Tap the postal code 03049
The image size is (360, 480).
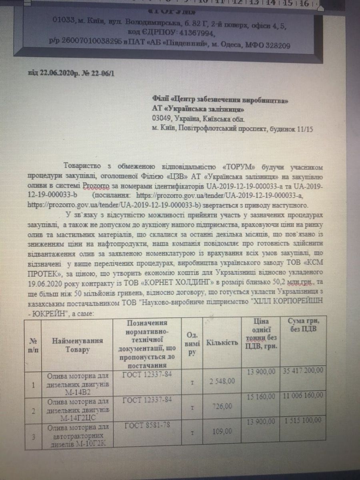point(162,118)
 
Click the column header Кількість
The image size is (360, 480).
point(222,343)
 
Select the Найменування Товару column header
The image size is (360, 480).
point(76,345)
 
